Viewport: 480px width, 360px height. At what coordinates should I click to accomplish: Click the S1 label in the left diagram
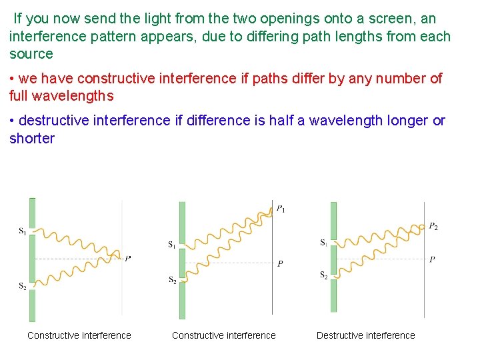point(22,231)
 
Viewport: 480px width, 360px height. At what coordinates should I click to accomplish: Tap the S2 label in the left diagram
point(22,286)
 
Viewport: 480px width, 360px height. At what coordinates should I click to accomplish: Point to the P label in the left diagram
point(127,258)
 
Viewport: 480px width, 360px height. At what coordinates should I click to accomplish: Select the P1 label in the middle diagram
point(281,209)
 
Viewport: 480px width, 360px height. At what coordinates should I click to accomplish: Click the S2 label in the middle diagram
point(172,280)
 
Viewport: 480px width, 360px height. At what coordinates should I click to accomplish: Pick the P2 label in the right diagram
point(433,227)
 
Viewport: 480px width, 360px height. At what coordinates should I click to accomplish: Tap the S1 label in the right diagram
point(323,243)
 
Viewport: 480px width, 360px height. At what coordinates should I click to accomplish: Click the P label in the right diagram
point(433,259)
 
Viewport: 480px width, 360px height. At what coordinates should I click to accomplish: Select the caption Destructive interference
point(365,335)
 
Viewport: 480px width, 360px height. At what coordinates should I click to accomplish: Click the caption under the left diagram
point(79,335)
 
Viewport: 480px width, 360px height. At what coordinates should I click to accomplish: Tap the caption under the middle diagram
point(223,335)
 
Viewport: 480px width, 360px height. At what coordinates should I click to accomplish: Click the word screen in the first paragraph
point(393,19)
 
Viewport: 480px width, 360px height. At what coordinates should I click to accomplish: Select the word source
point(31,53)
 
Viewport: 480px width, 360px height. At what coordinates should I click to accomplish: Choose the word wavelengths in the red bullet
point(75,95)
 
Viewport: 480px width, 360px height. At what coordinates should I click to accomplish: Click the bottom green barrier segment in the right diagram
point(334,295)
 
